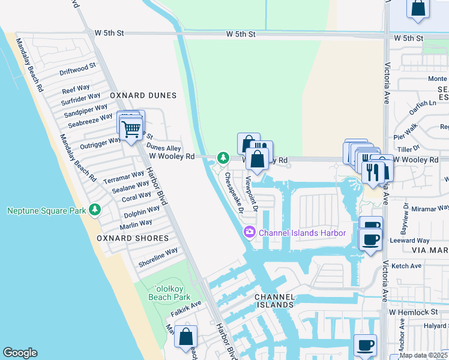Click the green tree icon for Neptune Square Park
click(x=94, y=210)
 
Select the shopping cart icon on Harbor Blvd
click(x=131, y=130)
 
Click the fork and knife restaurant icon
click(x=372, y=172)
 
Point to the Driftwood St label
click(x=78, y=68)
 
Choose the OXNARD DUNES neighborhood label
click(x=143, y=95)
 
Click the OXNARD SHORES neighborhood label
click(x=133, y=238)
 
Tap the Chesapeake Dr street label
click(x=234, y=193)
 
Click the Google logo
click(x=20, y=353)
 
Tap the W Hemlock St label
click(x=414, y=312)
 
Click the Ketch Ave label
click(x=406, y=266)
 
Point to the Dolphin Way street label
click(x=142, y=211)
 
